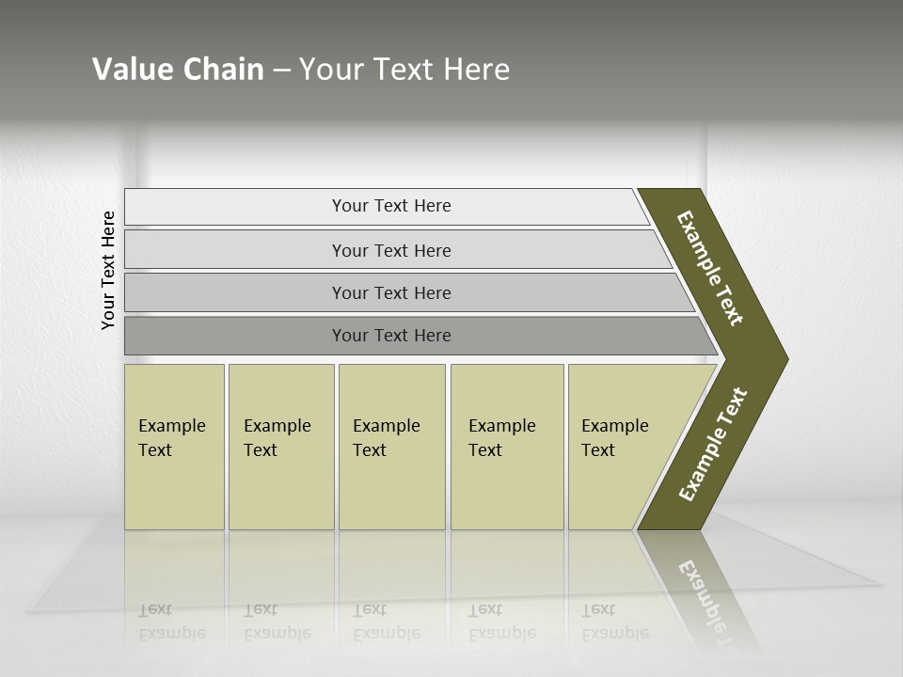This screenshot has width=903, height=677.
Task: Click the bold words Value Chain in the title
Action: tap(178, 70)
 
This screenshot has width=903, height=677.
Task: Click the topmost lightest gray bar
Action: tap(235, 207)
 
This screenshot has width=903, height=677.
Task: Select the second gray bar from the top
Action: tap(235, 250)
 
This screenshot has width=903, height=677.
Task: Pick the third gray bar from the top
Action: tap(235, 292)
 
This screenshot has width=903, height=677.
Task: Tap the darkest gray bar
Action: tap(235, 336)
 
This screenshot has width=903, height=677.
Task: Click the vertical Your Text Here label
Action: tap(108, 271)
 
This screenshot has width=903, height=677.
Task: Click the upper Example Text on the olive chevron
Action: tap(711, 268)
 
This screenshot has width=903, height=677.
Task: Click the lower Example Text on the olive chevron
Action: tap(713, 444)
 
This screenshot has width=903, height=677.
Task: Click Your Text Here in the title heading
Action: tap(404, 70)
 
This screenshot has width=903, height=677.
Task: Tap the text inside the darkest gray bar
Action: tap(391, 336)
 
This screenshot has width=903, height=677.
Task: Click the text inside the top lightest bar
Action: tap(391, 206)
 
